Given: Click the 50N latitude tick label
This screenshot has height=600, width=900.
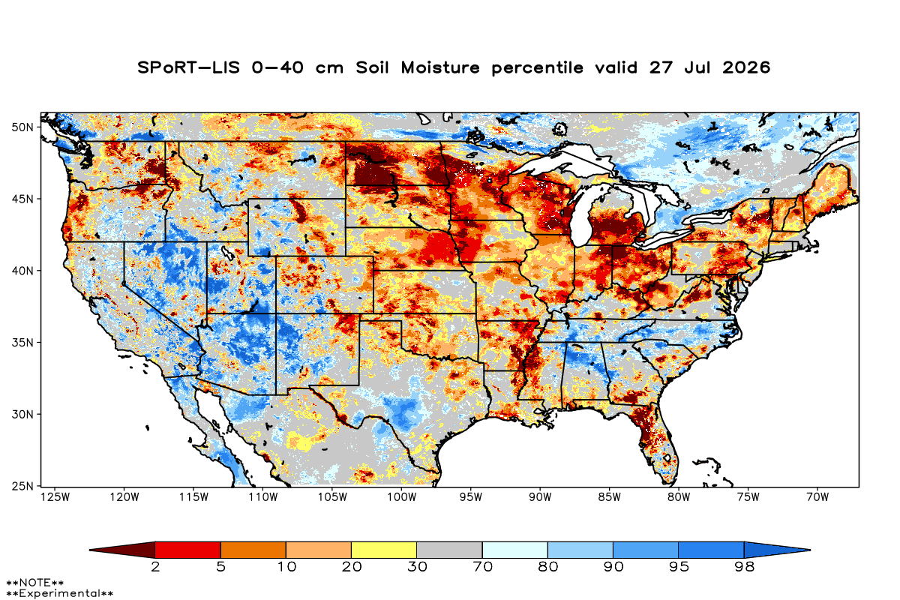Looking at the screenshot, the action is (22, 127).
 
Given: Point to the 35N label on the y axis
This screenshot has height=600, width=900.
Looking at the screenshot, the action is (22, 343).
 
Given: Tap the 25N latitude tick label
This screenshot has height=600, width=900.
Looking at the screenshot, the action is (22, 486).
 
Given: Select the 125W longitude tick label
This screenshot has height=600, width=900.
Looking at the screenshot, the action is (55, 497).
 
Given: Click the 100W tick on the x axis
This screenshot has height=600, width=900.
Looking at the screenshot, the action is (402, 497).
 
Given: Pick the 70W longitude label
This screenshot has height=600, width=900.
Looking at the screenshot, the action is (817, 497).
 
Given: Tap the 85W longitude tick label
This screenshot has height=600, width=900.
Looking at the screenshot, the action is (610, 497).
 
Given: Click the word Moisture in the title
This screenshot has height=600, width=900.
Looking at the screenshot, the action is (440, 67).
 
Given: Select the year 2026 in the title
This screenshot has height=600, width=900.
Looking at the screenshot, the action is (746, 67).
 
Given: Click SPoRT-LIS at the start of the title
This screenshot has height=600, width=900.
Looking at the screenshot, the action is (188, 67).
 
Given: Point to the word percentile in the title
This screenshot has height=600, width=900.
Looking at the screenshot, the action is (537, 68).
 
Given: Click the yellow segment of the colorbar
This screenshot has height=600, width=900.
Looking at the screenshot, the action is (384, 550).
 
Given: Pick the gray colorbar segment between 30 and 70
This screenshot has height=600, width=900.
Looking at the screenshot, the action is (449, 550).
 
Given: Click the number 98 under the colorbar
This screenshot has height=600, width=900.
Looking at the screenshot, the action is (744, 567).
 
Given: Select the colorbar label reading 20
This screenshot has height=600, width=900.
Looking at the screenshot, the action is (352, 567).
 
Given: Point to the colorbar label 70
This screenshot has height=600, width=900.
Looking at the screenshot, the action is (482, 567).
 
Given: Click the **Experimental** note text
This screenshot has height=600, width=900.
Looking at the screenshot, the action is (59, 593).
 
